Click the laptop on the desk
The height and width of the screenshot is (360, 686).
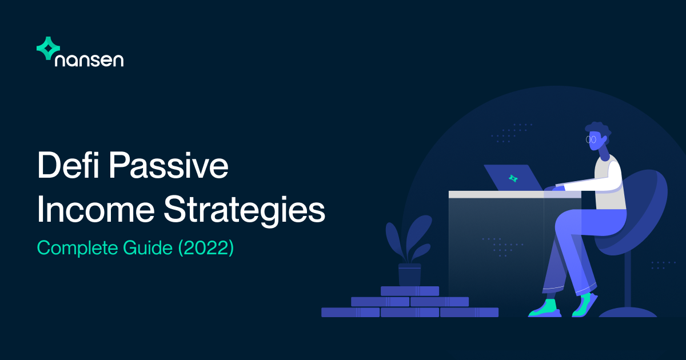coord(513,178)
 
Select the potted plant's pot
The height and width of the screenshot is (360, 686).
coord(409,274)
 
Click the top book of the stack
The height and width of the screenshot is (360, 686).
coord(409,291)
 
